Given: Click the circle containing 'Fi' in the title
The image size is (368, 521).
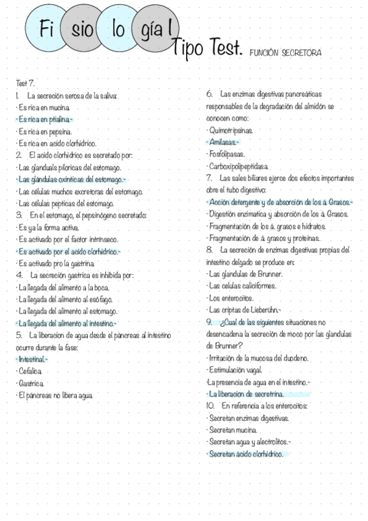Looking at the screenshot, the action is pos(47,29).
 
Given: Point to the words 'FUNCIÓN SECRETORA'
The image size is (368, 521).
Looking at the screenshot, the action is pos(285,53).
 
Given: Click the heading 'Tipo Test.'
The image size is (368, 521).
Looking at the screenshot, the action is pos(209,47).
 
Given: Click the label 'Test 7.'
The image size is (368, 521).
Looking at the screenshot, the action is pos(26,82).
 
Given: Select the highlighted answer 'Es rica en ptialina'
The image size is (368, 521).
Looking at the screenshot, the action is pos(45,119).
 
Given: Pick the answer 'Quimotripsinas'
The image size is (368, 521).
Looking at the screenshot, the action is pos(231,130).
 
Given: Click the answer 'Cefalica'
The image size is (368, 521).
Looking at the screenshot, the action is pos(30,371).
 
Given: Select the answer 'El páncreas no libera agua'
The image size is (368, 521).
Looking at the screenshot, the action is pos(55,395).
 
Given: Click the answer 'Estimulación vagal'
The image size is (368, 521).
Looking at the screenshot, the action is pos(236,370).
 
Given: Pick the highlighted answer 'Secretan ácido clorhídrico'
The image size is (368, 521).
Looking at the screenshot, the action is pos(246,454).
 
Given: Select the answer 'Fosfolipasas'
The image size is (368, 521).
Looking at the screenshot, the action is pos(227,154).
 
